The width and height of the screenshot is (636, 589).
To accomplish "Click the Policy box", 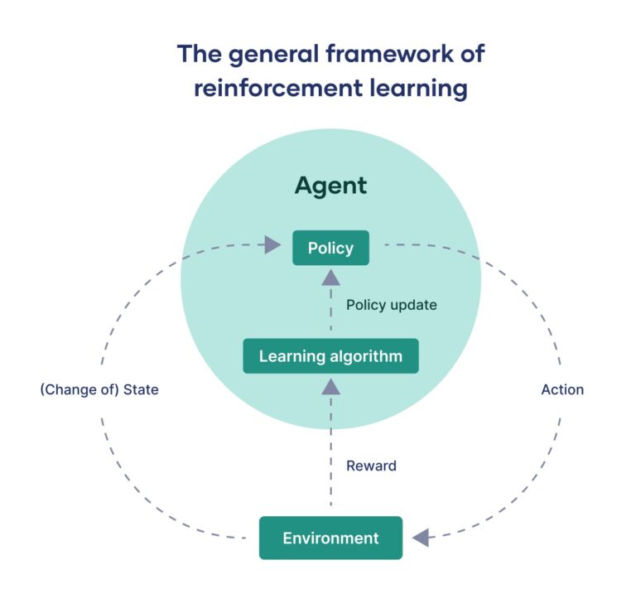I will point(330,248).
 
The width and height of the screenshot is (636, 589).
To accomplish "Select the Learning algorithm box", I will point(330,356).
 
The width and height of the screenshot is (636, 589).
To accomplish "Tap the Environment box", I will point(330,538).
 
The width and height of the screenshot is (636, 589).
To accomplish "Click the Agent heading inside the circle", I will point(330,186).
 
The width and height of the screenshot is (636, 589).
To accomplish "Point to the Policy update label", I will point(392,305).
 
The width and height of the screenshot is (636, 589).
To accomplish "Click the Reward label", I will point(371,466).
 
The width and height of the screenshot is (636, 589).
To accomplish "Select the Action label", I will point(562,389).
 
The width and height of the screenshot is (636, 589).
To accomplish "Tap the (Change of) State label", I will point(99,389).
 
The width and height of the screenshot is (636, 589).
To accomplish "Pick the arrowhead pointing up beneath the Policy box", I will point(330,278).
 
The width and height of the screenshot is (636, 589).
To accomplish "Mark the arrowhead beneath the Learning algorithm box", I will point(330,385).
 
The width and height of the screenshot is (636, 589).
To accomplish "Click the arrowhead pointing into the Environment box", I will point(421,538).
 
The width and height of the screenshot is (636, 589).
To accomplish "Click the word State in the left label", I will point(141,389).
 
